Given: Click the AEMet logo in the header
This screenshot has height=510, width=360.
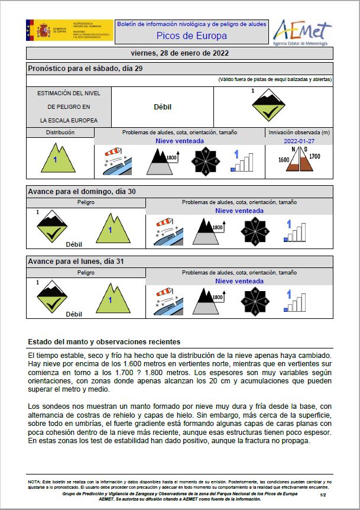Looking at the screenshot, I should tap(302, 33).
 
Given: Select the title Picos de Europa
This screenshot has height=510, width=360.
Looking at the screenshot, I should tap(192, 36).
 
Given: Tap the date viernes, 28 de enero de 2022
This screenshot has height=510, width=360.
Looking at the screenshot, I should tap(180, 53).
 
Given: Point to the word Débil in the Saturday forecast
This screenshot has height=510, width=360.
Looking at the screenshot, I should tap(162, 107).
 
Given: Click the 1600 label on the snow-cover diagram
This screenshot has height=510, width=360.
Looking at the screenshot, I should tap(284, 160).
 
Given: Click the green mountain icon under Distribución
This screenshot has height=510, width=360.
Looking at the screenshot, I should tap(56, 158).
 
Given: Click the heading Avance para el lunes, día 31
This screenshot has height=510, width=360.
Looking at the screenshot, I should tap(76, 261).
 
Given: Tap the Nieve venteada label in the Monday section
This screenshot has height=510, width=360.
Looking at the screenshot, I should tap(239, 281).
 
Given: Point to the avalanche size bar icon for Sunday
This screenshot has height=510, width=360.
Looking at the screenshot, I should tap(294, 230).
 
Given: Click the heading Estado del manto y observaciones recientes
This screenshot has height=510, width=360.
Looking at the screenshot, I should tap(104, 342).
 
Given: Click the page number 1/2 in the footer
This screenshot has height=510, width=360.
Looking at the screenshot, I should tap(323, 494).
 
